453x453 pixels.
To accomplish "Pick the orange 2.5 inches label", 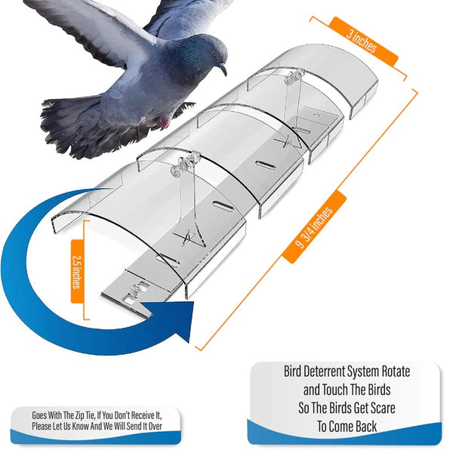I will click(77, 270).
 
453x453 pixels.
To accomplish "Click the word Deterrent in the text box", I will click(327, 371).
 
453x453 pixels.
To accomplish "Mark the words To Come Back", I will click(345, 427).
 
